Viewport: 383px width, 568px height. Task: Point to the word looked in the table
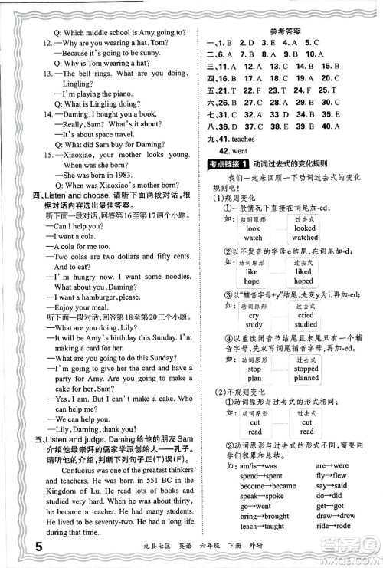304,228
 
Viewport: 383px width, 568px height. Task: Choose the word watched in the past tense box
305,238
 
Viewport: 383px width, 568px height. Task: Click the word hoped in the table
304,281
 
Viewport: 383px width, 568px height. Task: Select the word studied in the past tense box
305,324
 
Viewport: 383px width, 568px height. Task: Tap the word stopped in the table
306,369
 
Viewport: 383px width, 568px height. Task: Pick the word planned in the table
306,379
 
